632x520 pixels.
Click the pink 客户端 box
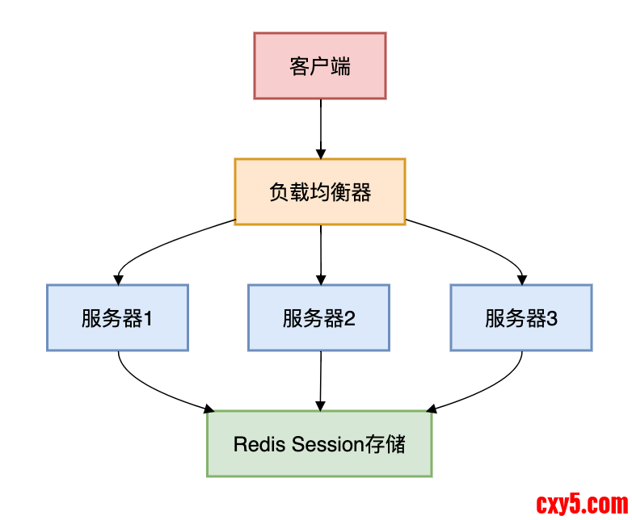click(x=320, y=65)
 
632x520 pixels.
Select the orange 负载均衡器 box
click(x=320, y=191)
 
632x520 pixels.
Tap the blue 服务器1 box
click(x=117, y=317)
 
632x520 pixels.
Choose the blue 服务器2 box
click(x=319, y=317)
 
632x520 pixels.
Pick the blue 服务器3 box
click(x=521, y=317)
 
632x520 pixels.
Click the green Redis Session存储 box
click(x=319, y=443)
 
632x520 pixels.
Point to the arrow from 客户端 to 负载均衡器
click(x=321, y=129)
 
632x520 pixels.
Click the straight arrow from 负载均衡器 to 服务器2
click(x=321, y=254)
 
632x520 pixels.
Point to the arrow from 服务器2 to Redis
click(x=321, y=380)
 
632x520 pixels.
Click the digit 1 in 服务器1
click(x=149, y=318)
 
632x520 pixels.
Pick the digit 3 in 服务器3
click(x=552, y=318)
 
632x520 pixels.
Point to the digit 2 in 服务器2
click(x=350, y=318)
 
